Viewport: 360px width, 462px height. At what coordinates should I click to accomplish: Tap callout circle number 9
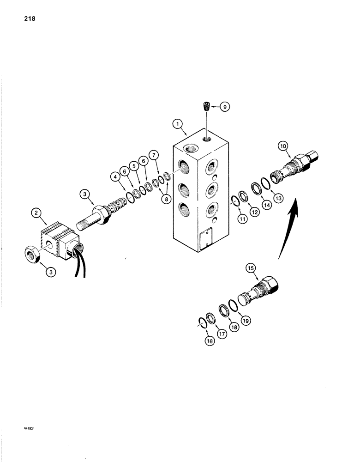225,107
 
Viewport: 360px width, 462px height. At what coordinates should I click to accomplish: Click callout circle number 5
134,165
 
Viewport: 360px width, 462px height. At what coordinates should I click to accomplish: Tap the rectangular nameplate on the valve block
204,238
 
